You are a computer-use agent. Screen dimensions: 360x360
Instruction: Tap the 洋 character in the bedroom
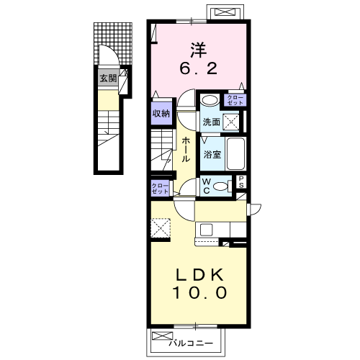[199, 50]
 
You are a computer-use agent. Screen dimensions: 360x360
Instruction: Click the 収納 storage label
[161, 112]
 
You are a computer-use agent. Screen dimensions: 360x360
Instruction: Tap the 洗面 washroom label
[210, 122]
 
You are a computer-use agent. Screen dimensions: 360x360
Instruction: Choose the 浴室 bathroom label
[211, 153]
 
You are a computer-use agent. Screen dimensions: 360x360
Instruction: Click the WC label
[206, 185]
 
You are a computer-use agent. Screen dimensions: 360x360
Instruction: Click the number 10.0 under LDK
[199, 293]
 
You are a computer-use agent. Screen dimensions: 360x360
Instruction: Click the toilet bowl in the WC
[225, 186]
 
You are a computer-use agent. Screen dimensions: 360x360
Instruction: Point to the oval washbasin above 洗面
[210, 100]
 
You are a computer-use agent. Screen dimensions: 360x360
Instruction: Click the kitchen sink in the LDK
[206, 230]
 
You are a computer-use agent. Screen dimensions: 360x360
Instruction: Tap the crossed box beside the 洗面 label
[232, 122]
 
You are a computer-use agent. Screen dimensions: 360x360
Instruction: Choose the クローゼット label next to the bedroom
[235, 100]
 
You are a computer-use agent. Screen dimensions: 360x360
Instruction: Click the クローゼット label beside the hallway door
[160, 189]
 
